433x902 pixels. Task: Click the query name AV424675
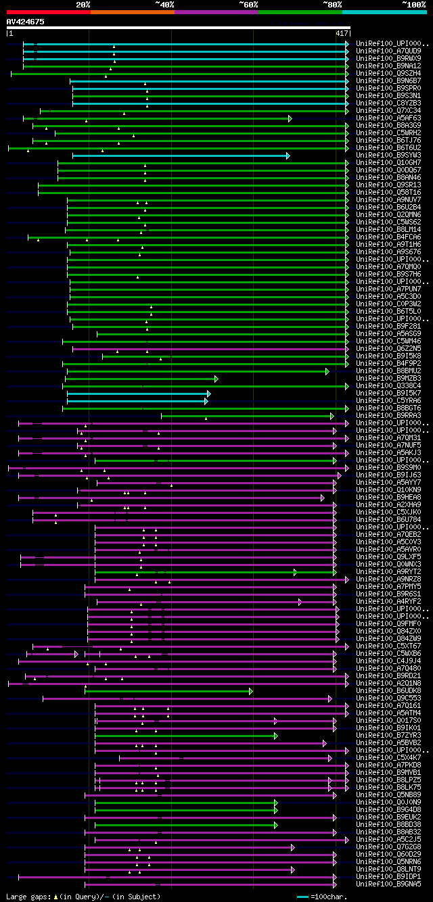tap(26, 22)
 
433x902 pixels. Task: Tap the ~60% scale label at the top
tap(248, 5)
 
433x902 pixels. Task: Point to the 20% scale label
tap(83, 5)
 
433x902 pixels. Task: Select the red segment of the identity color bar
tap(48, 11)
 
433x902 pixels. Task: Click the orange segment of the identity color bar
tap(132, 11)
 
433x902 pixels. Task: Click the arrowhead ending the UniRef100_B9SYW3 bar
tap(288, 156)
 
